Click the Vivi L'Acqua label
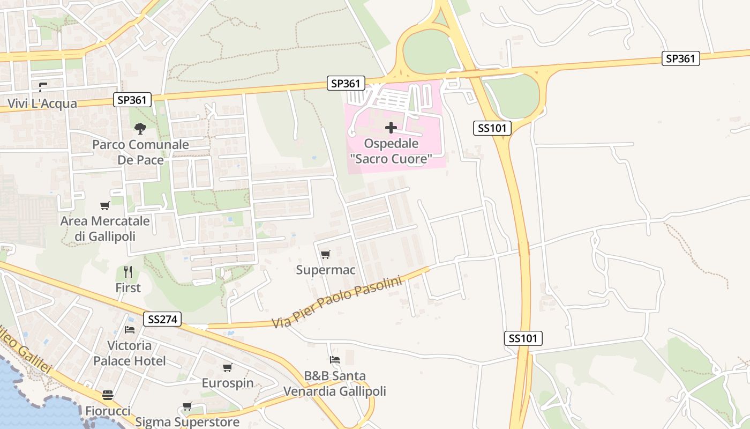(x=42, y=103)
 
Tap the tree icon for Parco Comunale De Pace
(x=140, y=128)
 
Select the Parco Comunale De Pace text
(x=140, y=152)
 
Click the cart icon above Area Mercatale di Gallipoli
(x=105, y=205)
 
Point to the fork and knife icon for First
(x=128, y=272)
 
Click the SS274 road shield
(x=163, y=320)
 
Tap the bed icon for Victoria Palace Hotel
(x=130, y=329)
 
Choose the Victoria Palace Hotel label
(x=130, y=353)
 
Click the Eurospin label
(x=228, y=383)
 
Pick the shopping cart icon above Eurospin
(x=228, y=367)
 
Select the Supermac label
(x=326, y=270)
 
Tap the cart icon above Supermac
(x=325, y=254)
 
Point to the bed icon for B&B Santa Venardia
(x=335, y=360)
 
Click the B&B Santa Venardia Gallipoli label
(x=335, y=383)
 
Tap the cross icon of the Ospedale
(x=391, y=128)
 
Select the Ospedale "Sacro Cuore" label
(x=391, y=151)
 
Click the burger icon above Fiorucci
(x=108, y=395)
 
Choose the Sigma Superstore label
(x=187, y=422)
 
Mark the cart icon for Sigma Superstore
(x=187, y=406)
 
